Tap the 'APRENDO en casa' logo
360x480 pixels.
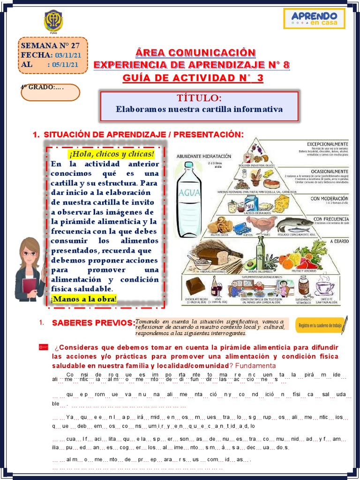pyautogui.click(x=314, y=19)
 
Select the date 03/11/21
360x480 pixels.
pyautogui.click(x=68, y=55)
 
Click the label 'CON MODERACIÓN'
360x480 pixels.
pyautogui.click(x=330, y=199)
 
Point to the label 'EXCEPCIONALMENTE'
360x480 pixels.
pyautogui.click(x=328, y=143)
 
